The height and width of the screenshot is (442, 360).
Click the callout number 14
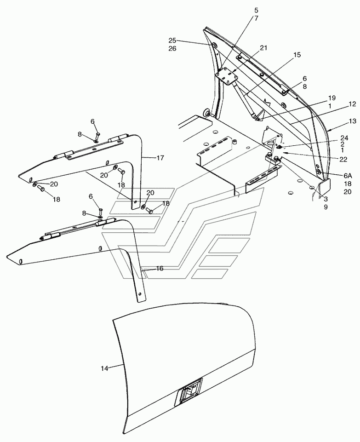pyautogui.click(x=104, y=368)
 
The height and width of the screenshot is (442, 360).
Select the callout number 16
pyautogui.click(x=160, y=268)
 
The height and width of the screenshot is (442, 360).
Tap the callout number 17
pyautogui.click(x=160, y=158)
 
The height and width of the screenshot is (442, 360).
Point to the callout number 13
pyautogui.click(x=352, y=121)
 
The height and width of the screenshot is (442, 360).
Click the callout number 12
pyautogui.click(x=352, y=104)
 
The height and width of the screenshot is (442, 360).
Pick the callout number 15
pyautogui.click(x=297, y=55)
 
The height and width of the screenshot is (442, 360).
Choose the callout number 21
pyautogui.click(x=263, y=48)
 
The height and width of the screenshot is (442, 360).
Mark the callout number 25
pyautogui.click(x=172, y=40)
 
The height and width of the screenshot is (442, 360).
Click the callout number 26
pyautogui.click(x=172, y=48)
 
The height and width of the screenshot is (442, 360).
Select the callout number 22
pyautogui.click(x=343, y=160)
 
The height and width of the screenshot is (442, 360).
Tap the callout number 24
pyautogui.click(x=344, y=138)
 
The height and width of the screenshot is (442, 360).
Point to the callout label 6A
pyautogui.click(x=348, y=175)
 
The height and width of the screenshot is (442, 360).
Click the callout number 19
pyautogui.click(x=332, y=98)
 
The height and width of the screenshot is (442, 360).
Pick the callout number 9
pyautogui.click(x=326, y=207)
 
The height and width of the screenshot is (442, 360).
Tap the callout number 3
pyautogui.click(x=326, y=199)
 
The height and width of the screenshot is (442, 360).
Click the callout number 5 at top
pyautogui.click(x=256, y=11)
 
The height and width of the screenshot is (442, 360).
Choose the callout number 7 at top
pyautogui.click(x=256, y=18)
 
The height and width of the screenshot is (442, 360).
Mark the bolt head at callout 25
pyautogui.click(x=214, y=46)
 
